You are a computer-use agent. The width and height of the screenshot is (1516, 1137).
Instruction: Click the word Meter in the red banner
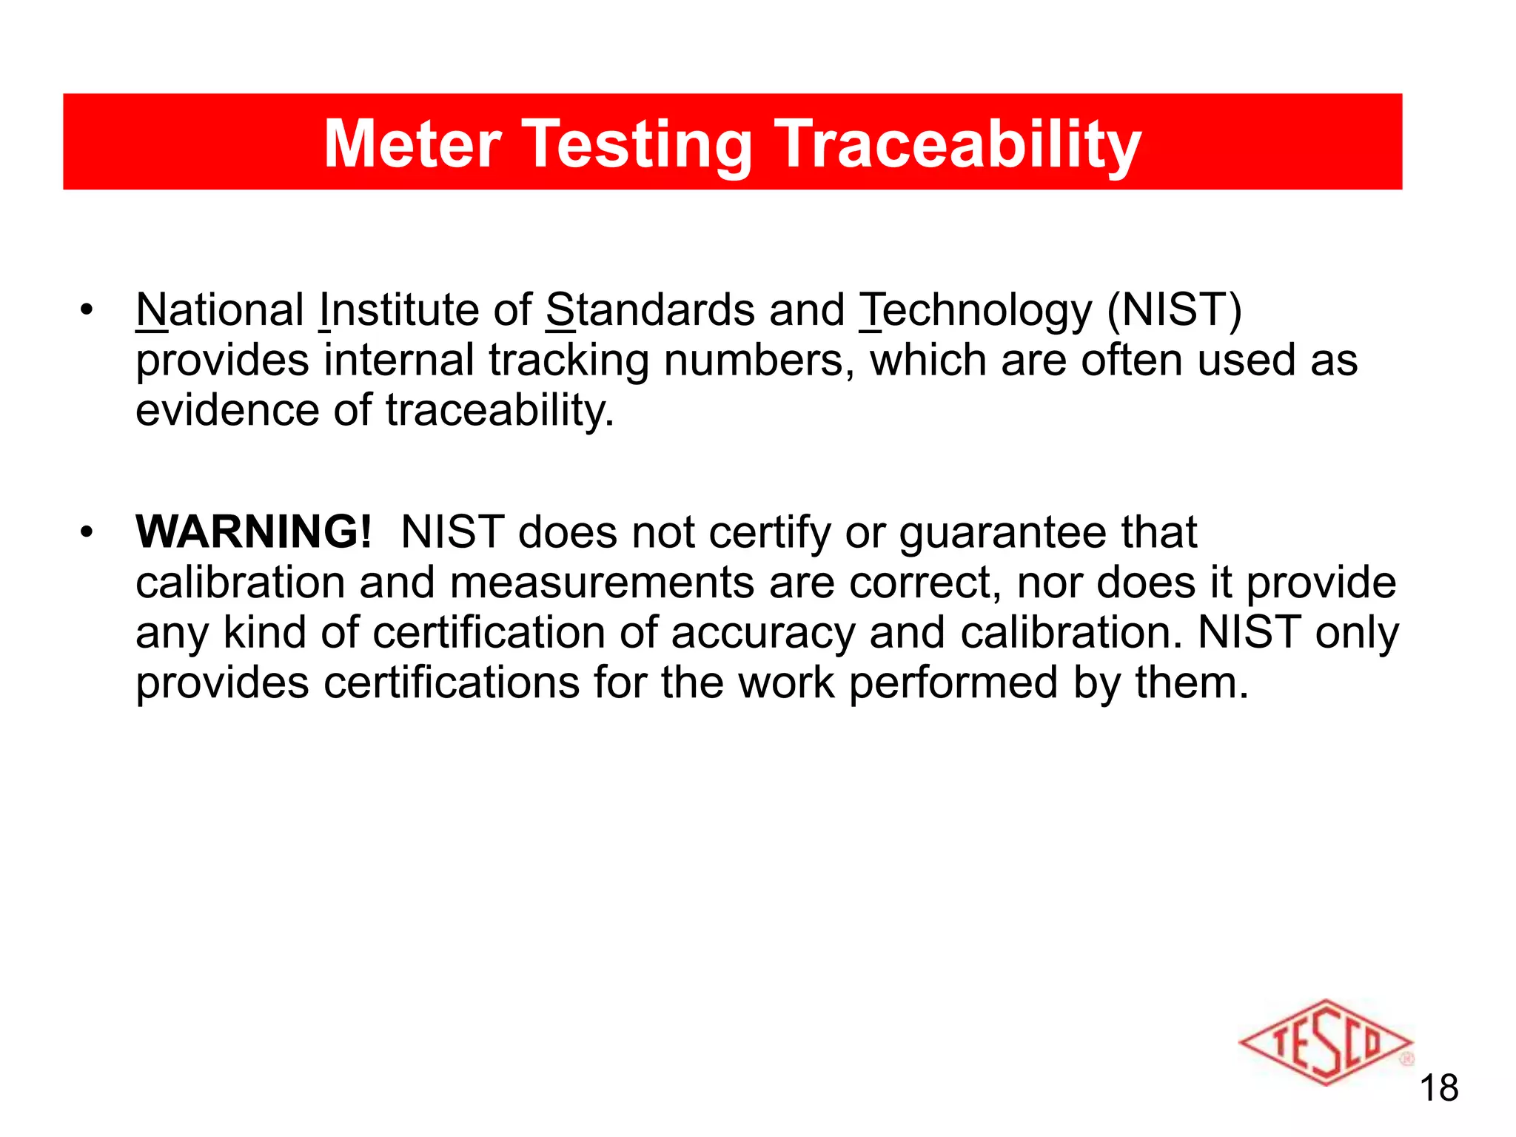click(x=413, y=144)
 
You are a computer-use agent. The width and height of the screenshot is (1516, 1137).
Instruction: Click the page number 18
click(x=1438, y=1088)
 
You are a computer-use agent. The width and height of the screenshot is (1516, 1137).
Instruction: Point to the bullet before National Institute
click(x=87, y=310)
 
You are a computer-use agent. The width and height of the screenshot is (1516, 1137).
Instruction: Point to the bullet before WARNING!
click(x=87, y=532)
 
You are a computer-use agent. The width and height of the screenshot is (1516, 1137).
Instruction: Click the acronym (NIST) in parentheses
click(x=1174, y=309)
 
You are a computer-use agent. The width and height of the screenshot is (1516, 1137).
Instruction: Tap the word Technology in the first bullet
click(x=975, y=311)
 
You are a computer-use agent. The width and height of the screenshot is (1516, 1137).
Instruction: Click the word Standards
click(x=650, y=309)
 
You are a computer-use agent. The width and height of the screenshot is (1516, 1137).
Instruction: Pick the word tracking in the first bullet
click(x=568, y=360)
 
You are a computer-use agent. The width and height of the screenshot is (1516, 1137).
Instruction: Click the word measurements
click(x=602, y=583)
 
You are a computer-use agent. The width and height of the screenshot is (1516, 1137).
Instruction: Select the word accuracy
click(x=763, y=634)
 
